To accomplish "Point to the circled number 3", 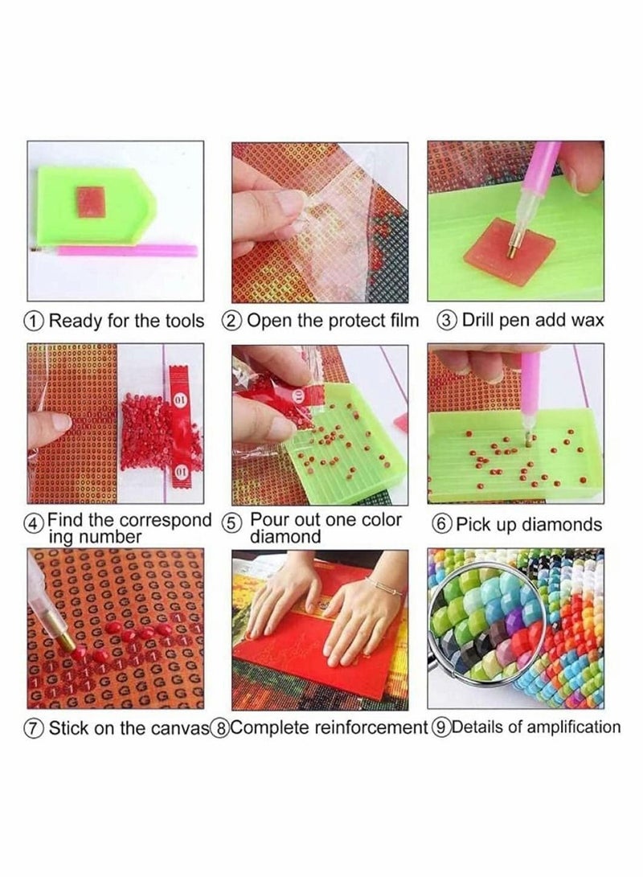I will coord(447,321).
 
